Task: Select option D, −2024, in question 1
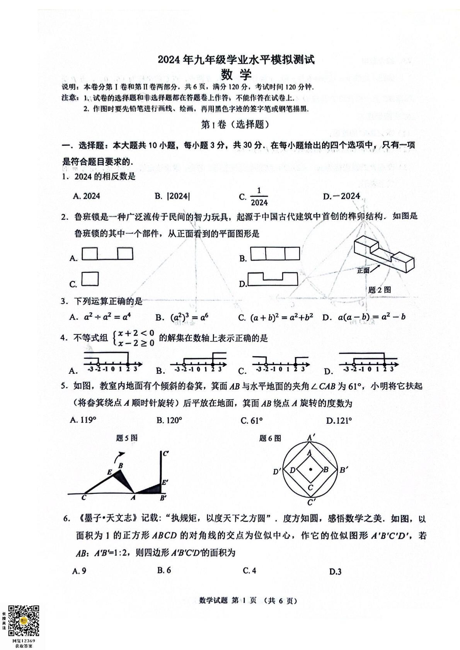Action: click(341, 196)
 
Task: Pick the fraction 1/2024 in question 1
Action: click(259, 197)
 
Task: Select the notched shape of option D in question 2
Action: click(273, 279)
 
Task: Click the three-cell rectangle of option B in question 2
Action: click(275, 254)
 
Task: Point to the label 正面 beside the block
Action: click(363, 271)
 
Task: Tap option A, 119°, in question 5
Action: click(83, 420)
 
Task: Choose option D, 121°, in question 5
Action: click(339, 420)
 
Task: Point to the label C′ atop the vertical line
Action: click(165, 453)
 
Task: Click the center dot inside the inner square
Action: click(310, 469)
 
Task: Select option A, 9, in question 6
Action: click(79, 571)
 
